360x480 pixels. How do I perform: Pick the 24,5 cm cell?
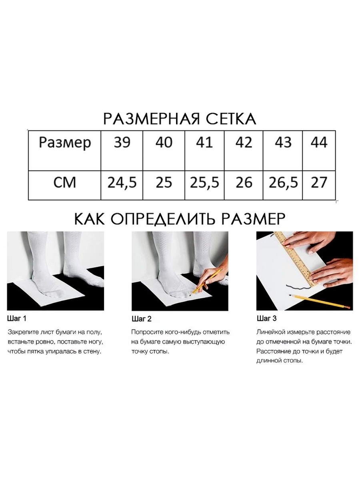[x=122, y=182]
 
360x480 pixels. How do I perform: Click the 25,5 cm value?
[x=204, y=182]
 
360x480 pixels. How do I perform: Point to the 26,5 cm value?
[x=283, y=182]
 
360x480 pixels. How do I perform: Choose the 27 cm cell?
[x=319, y=182]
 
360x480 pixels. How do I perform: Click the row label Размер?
[x=65, y=142]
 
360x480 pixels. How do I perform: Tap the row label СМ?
[x=65, y=182]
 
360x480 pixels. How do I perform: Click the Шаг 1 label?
[x=17, y=318]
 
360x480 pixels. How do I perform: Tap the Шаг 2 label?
[x=142, y=319]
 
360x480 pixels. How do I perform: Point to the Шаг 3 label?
[x=267, y=318]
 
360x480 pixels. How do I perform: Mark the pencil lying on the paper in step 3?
[x=320, y=302]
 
